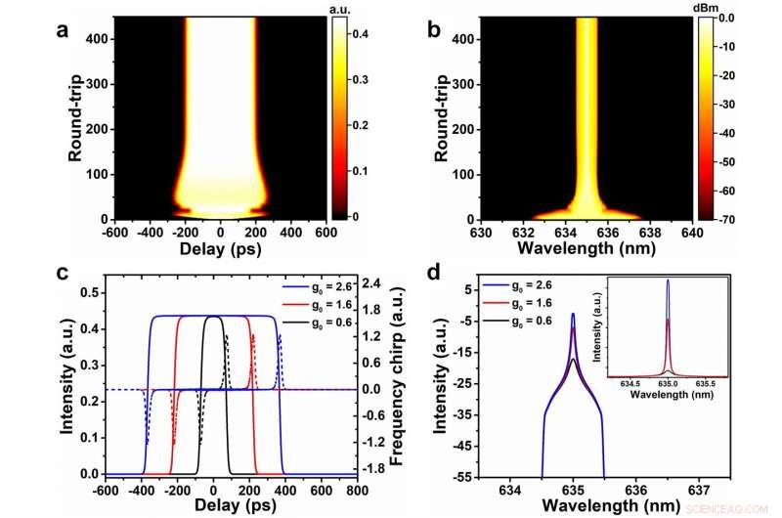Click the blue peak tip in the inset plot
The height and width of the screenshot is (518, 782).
(668, 281)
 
